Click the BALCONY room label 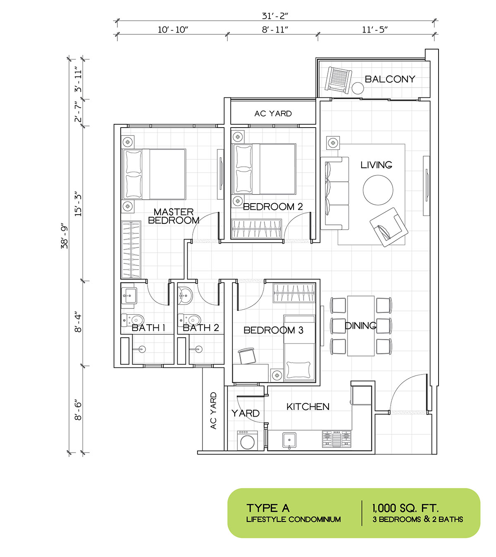point(390,79)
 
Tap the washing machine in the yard point(247,440)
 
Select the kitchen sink point(289,441)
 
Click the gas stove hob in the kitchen point(336,439)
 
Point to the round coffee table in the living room point(378,190)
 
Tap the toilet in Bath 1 point(133,320)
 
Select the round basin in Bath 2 point(185,296)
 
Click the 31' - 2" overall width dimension point(275,16)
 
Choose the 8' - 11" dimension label point(275,29)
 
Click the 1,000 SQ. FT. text point(405,508)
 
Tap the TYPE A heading point(268,508)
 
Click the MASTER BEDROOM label point(174,216)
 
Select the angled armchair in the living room point(389,227)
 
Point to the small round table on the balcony point(358,88)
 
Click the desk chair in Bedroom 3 point(247,356)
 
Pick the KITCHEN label point(308,407)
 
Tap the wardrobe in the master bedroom point(131,250)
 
